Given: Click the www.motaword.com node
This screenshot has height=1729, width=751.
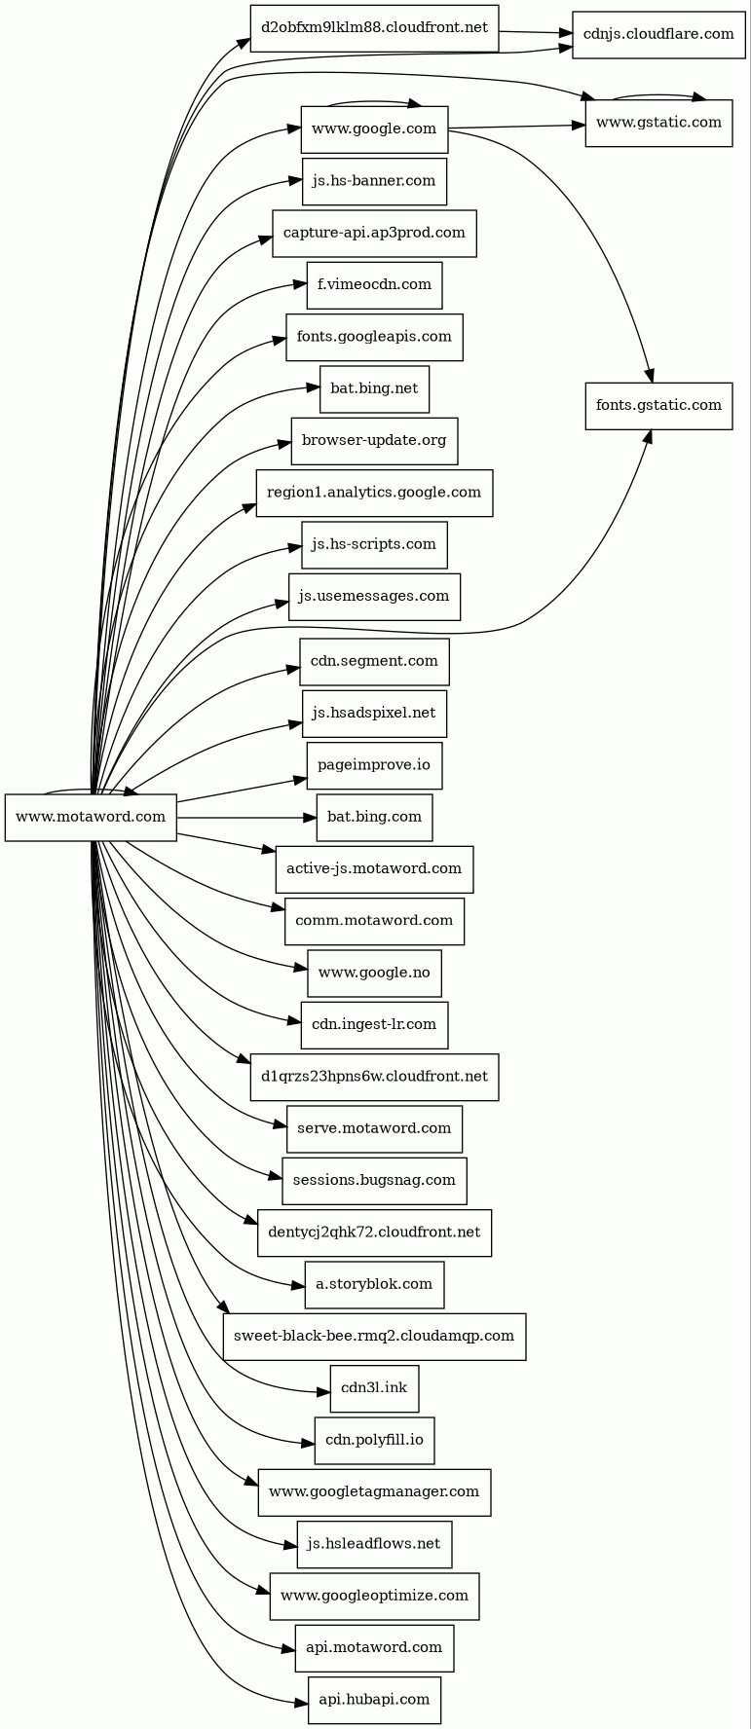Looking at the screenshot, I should (91, 817).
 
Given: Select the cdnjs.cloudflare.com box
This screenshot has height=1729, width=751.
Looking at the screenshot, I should (658, 35).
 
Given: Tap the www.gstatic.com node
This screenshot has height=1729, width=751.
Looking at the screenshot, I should (658, 123).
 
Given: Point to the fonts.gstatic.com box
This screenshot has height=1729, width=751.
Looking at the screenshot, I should (658, 406).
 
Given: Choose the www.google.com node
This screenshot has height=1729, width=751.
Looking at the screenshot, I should (374, 129).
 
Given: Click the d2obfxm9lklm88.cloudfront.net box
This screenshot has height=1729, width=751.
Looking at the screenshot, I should (374, 28).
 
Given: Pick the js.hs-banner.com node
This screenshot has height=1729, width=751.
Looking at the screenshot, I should (374, 181).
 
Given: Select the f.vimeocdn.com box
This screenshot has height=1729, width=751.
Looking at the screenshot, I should (374, 285).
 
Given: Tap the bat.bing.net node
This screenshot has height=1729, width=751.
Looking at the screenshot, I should (374, 388).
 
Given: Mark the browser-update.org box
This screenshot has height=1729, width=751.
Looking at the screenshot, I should (374, 441).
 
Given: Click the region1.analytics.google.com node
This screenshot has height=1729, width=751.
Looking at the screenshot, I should (374, 493).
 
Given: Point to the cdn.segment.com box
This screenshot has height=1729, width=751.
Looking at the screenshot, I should (374, 662).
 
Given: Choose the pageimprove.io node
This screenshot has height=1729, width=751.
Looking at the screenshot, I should (374, 765).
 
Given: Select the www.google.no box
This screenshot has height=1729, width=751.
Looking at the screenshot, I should (374, 973).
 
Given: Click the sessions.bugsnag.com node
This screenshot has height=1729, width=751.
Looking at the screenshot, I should (374, 1181).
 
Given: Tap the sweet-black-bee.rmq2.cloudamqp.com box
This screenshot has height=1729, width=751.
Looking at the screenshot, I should (374, 1337).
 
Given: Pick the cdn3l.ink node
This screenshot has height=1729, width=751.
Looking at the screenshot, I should (374, 1388).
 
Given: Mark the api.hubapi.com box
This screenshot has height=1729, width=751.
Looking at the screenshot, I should (374, 1700).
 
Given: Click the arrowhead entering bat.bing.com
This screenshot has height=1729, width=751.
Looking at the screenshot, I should (311, 818).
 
